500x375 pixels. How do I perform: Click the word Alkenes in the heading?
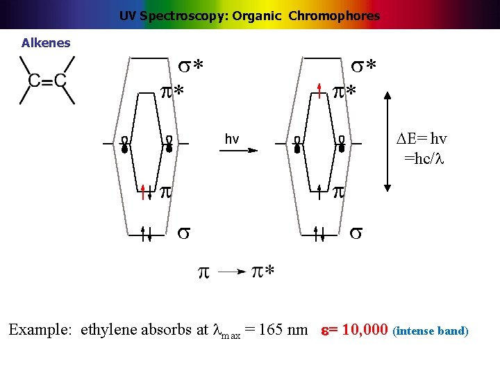46,43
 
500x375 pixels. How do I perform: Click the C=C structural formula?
47,81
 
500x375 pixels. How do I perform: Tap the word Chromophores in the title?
336,15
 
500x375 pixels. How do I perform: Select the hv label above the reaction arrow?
232,139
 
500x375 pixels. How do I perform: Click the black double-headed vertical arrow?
387,139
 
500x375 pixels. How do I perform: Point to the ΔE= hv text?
422,139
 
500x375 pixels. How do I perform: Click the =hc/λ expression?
424,158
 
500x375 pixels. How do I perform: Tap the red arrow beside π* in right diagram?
319,90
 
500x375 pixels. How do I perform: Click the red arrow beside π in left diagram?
142,192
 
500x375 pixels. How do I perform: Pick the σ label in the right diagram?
355,232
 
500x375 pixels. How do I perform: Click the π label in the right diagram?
338,191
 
